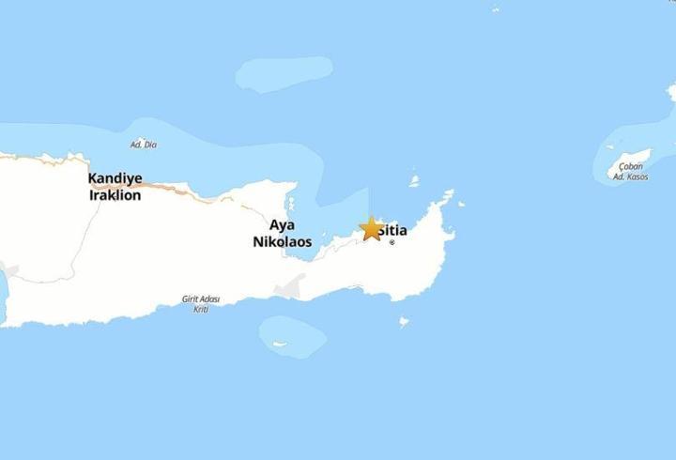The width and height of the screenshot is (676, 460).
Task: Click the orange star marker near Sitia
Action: pyautogui.click(x=372, y=228)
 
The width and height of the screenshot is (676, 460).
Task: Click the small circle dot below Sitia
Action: pyautogui.click(x=392, y=243)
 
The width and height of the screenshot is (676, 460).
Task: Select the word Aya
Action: pyautogui.click(x=282, y=225)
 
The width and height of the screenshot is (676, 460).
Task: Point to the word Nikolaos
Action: pyautogui.click(x=282, y=241)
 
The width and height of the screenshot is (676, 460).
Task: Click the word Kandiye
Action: pyautogui.click(x=115, y=178)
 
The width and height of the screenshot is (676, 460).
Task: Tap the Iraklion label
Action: pyautogui.click(x=115, y=195)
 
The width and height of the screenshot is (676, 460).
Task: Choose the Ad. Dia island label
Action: pyautogui.click(x=143, y=145)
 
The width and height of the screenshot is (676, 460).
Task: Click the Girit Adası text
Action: pyautogui.click(x=200, y=299)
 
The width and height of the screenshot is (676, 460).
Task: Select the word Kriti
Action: pyautogui.click(x=200, y=309)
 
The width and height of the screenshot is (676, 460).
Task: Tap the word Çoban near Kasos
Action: pyautogui.click(x=631, y=167)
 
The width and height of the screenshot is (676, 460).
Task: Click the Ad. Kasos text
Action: pyautogui.click(x=630, y=176)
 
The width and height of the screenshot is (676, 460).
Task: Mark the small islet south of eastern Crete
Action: pyautogui.click(x=405, y=322)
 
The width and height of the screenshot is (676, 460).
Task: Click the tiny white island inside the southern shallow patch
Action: pyautogui.click(x=279, y=344)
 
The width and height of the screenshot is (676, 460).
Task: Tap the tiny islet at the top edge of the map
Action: pyautogui.click(x=495, y=9)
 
